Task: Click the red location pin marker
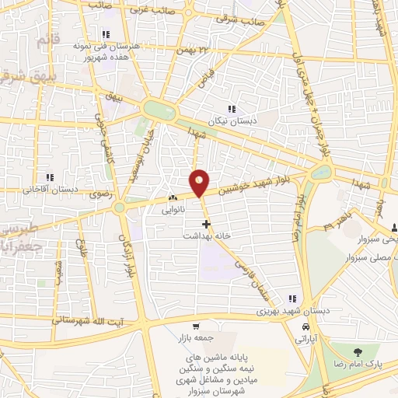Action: click(x=200, y=183)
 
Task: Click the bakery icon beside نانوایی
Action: click(x=171, y=199)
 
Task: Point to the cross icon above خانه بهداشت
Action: click(x=206, y=223)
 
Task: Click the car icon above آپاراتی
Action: click(x=306, y=328)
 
